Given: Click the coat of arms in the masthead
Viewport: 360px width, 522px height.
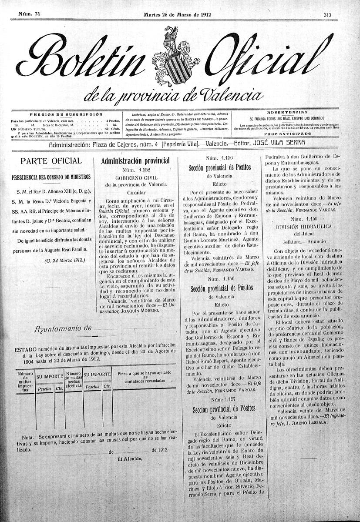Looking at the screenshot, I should (x=171, y=57).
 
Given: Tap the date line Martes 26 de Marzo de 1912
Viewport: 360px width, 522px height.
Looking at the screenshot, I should (x=177, y=14).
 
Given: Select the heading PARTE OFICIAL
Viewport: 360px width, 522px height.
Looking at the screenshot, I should (x=51, y=161).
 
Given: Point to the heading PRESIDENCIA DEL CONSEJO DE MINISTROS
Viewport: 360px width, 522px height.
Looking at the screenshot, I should (x=51, y=177).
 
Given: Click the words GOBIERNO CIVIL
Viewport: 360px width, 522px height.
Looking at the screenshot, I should (x=136, y=177).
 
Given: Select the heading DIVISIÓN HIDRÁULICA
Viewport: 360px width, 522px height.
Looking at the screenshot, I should (x=304, y=227).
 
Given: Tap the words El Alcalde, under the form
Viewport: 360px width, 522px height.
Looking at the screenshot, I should (x=130, y=458).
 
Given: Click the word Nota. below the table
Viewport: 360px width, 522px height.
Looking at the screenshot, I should (x=28, y=436).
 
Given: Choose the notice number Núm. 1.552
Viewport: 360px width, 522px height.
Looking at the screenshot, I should (x=136, y=169).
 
